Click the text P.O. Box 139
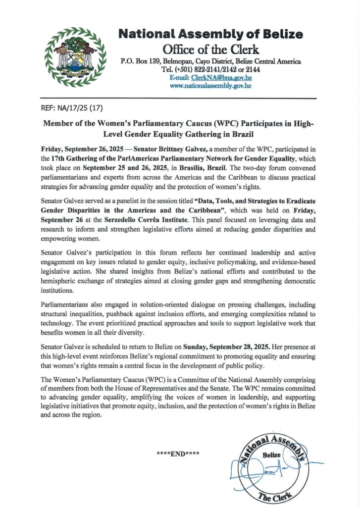coord(138,61)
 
